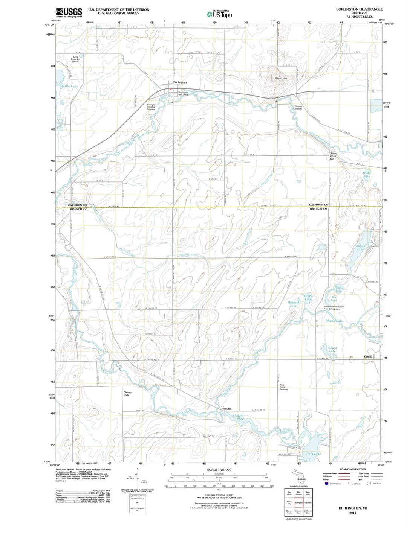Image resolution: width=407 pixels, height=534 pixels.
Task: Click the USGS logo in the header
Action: coord(69,12)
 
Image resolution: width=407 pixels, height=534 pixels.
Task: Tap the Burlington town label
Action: coord(180,82)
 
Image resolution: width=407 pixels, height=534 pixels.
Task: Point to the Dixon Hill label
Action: coord(281,78)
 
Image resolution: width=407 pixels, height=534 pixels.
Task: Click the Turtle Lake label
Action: coord(69,86)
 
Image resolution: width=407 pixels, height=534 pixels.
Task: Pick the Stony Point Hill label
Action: coord(333,156)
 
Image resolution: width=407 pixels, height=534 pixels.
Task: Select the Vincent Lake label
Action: coord(360,247)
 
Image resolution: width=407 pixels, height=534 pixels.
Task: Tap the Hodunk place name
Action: coord(226,409)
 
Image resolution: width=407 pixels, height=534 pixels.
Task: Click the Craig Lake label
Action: coord(313,453)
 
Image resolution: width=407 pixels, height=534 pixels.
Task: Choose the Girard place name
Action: coord(368,356)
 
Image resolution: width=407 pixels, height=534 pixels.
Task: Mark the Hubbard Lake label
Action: coord(294,304)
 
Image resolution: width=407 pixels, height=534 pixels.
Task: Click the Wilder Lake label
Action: coord(367,175)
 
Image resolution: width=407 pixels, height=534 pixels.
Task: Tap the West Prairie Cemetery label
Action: coord(284,387)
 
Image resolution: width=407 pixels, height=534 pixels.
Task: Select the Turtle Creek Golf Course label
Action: coord(75,59)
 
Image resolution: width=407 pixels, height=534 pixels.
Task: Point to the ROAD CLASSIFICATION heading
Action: coord(352,469)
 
